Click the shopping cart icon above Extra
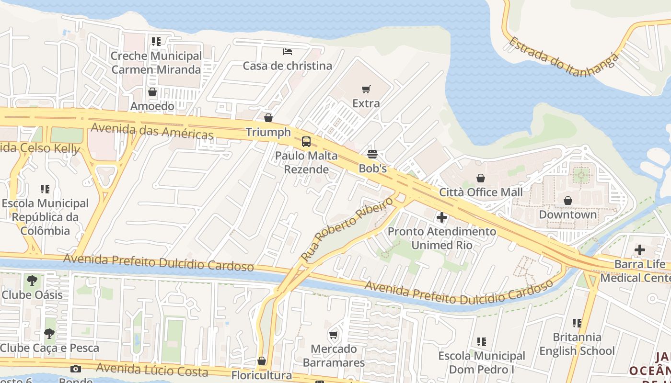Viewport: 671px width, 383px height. pyautogui.click(x=366, y=89)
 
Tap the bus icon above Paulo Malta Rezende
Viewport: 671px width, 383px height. pyautogui.click(x=306, y=142)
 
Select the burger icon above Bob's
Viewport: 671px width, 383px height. pyautogui.click(x=372, y=154)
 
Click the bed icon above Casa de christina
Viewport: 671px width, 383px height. pyautogui.click(x=288, y=52)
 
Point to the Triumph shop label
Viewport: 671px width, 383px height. pyautogui.click(x=268, y=132)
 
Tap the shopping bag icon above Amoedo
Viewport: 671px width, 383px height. pyautogui.click(x=152, y=92)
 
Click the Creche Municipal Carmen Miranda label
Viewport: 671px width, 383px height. pyautogui.click(x=156, y=63)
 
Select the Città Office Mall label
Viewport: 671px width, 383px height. pyautogui.click(x=481, y=192)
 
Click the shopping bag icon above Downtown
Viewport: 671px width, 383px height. pyautogui.click(x=568, y=200)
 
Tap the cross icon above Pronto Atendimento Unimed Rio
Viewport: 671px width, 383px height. pyautogui.click(x=442, y=218)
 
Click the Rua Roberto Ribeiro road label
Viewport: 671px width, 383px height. pyautogui.click(x=347, y=229)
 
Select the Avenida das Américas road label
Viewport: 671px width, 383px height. pyautogui.click(x=152, y=131)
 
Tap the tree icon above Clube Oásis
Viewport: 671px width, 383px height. pyautogui.click(x=32, y=281)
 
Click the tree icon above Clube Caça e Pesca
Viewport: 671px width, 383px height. pyautogui.click(x=49, y=334)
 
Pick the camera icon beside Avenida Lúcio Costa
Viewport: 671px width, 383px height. pyautogui.click(x=75, y=369)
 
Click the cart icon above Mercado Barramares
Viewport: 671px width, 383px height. pyautogui.click(x=333, y=335)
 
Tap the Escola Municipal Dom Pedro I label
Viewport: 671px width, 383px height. pyautogui.click(x=482, y=362)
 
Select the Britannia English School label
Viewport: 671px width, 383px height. pyautogui.click(x=577, y=344)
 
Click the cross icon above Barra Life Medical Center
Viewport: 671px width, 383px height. pyautogui.click(x=640, y=250)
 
